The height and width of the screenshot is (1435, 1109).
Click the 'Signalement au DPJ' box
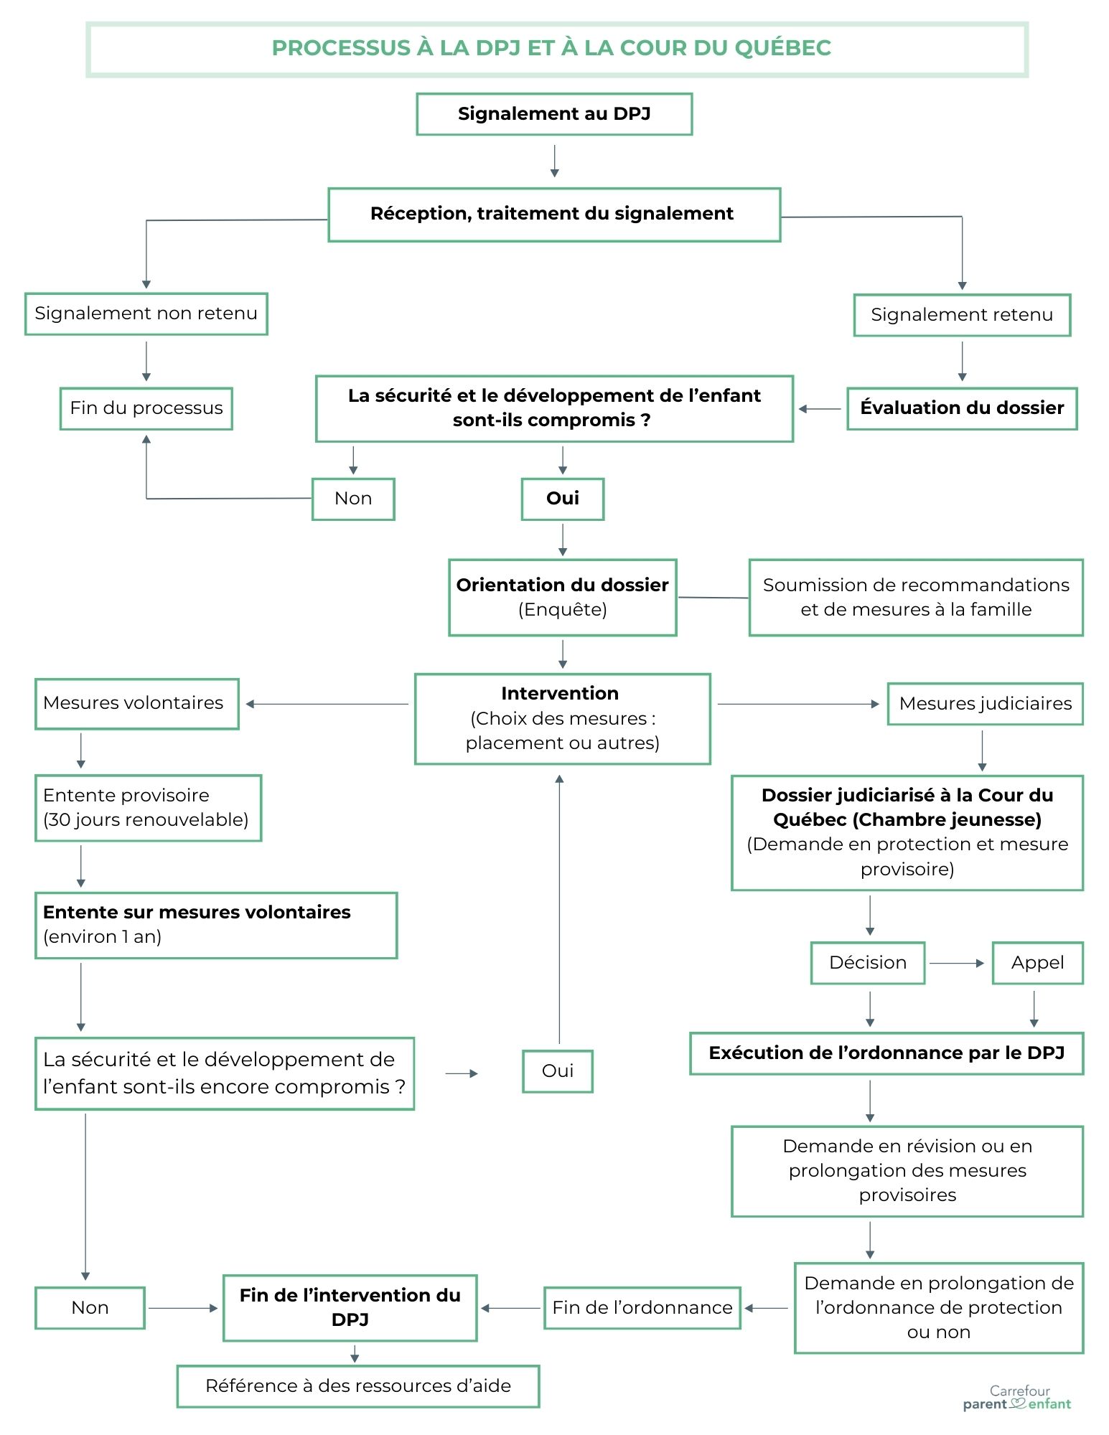pos(554,114)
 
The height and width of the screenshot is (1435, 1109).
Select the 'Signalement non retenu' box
pos(146,314)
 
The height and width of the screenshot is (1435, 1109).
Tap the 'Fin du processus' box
pos(146,408)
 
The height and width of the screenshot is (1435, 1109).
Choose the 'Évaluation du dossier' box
pos(962,408)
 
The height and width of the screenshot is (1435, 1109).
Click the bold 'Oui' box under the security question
pos(563,499)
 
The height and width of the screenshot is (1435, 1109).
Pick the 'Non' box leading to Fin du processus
pos(353,499)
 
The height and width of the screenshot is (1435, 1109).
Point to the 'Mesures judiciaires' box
pos(986,704)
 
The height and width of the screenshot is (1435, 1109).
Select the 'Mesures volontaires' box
pos(137,704)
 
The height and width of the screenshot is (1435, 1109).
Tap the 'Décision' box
pos(868,963)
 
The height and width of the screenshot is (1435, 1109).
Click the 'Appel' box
pos(1038,963)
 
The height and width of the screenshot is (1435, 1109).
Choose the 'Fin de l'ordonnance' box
pos(642,1308)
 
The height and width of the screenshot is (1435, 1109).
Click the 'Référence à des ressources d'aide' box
pos(358,1386)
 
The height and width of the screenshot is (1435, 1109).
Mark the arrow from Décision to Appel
pos(958,963)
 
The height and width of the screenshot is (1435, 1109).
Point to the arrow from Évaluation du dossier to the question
pos(820,409)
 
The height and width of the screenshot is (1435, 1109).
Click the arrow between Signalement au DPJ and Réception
pos(554,161)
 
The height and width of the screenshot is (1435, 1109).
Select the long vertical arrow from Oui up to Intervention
pos(559,909)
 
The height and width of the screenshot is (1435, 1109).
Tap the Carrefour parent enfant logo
pos(1017,1398)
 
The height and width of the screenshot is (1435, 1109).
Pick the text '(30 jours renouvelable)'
pos(146,819)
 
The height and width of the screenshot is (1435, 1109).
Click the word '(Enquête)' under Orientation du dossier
pos(563,610)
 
